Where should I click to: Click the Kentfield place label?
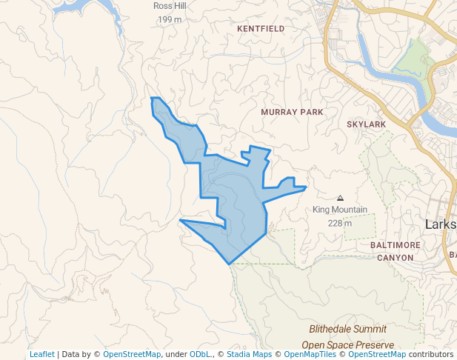(x=261, y=28)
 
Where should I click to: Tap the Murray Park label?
(x=292, y=112)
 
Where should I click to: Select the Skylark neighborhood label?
(x=366, y=124)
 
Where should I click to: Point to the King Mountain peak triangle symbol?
(x=340, y=198)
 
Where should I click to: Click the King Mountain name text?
(x=339, y=210)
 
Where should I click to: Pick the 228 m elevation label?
(x=340, y=222)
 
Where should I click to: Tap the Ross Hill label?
(x=170, y=6)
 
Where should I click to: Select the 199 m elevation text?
(x=170, y=19)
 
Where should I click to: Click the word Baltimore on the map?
(x=395, y=244)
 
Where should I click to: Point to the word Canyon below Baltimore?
(x=395, y=257)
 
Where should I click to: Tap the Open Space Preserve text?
(x=347, y=345)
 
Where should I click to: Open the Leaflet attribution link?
(x=41, y=354)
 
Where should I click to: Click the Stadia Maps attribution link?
(x=247, y=354)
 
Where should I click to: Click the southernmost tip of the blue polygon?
(x=229, y=263)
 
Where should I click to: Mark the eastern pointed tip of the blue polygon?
(x=306, y=187)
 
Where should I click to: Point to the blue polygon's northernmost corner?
(x=152, y=98)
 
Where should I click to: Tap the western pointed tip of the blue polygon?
(x=180, y=220)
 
